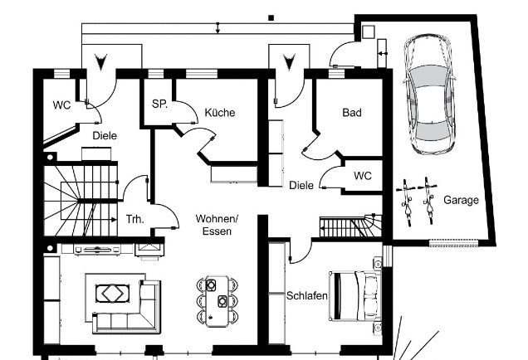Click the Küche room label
click(x=220, y=112)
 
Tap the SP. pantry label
click(x=159, y=104)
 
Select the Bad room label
click(x=352, y=112)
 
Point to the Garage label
click(x=461, y=200)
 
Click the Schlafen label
click(x=307, y=296)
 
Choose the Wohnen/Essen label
click(x=217, y=225)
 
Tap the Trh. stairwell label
click(x=135, y=219)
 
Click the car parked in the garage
click(x=429, y=94)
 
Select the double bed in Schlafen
click(x=354, y=296)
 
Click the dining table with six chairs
click(x=218, y=301)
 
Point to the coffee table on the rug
click(x=113, y=294)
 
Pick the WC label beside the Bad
click(x=363, y=176)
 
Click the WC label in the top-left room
click(x=61, y=105)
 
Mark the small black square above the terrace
click(x=271, y=17)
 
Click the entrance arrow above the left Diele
click(x=100, y=62)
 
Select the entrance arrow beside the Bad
click(x=289, y=62)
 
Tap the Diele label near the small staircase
click(x=301, y=185)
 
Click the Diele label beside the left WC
click(x=105, y=135)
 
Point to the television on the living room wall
click(x=97, y=250)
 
